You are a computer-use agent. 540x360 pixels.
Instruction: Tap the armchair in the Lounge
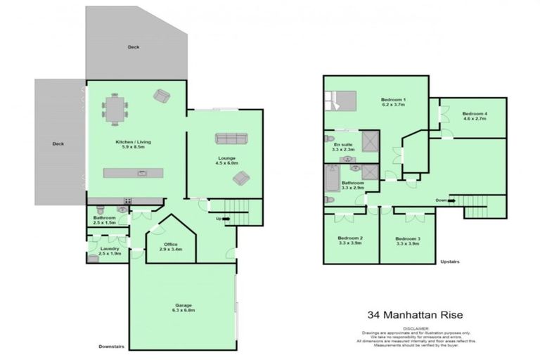(242, 177)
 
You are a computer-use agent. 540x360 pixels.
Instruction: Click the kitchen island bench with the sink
(134, 172)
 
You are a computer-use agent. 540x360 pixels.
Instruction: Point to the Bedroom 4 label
(475, 116)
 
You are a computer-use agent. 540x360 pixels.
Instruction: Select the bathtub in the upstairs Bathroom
(330, 184)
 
